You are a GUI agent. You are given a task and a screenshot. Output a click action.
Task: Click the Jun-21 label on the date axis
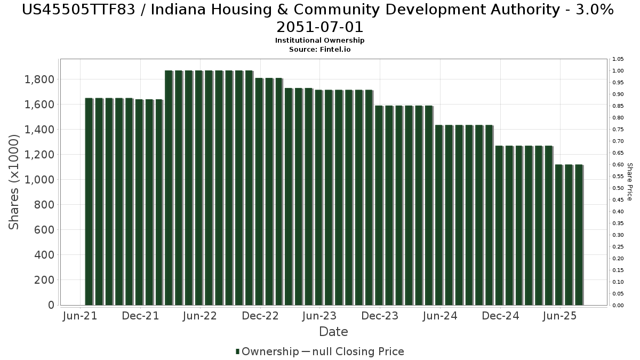80,316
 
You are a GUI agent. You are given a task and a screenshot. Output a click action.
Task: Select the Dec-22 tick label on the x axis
260,316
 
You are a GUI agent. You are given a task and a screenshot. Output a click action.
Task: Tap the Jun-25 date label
560,316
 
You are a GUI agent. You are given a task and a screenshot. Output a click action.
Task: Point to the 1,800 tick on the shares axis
39,79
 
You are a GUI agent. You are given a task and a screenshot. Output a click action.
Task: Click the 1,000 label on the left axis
39,180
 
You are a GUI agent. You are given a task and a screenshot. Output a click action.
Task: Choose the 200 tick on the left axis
44,280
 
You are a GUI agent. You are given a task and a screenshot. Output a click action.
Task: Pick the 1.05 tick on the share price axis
618,59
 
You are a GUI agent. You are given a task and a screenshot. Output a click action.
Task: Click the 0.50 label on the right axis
618,188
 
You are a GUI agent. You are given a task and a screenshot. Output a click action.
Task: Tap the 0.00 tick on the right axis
618,306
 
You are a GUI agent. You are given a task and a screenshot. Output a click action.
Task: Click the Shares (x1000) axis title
13,182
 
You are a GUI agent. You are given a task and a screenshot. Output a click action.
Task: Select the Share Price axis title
629,182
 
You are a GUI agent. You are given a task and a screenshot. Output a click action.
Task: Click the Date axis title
333,332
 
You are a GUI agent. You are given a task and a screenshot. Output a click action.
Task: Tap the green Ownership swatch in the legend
237,351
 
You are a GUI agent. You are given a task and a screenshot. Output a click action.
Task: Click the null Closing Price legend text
358,351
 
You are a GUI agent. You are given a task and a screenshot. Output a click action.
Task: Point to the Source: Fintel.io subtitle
319,50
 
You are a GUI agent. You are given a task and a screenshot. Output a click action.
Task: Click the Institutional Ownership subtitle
319,41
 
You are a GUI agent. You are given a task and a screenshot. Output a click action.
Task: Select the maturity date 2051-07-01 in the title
319,27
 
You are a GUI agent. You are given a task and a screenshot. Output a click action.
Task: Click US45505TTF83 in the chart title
78,10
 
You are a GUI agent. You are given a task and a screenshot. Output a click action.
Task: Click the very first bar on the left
89,202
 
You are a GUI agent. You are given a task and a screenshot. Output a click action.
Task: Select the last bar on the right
579,235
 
